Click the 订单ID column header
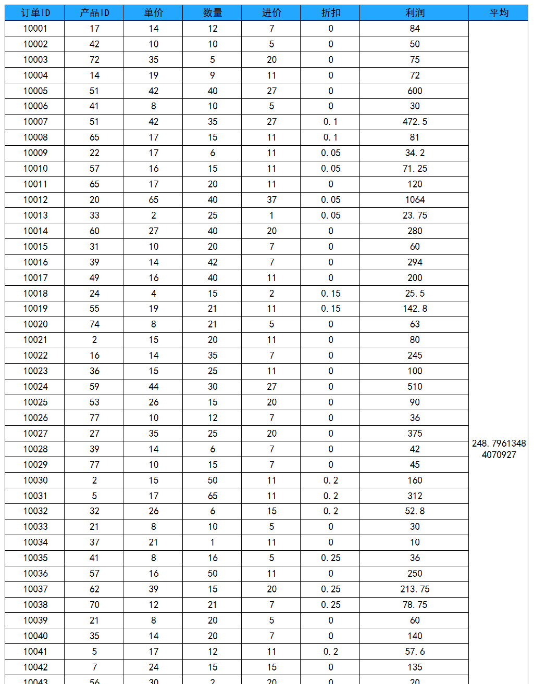tap(35, 13)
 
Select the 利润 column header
tap(415, 13)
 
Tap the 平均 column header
tap(499, 13)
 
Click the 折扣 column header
tap(330, 13)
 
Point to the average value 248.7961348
tap(499, 449)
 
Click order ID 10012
tap(35, 200)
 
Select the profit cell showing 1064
tap(415, 200)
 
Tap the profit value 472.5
tap(415, 122)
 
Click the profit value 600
tap(415, 91)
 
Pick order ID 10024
tap(35, 387)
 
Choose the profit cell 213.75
tap(415, 589)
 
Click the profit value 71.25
tap(415, 169)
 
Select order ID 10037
tap(35, 589)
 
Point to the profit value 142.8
tap(415, 309)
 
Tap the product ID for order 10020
tap(94, 324)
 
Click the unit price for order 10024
tap(153, 387)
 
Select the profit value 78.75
tap(415, 605)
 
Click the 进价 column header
tap(271, 13)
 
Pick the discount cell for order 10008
tap(330, 137)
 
